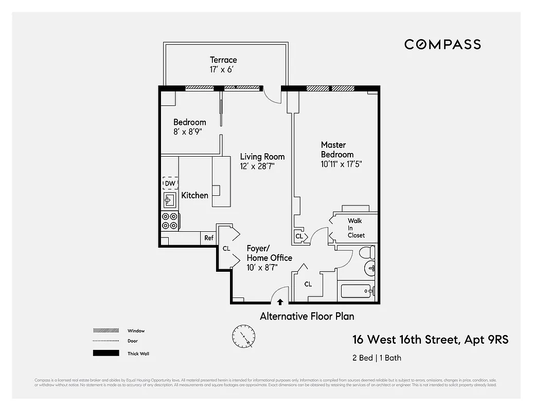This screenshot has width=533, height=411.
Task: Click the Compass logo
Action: [x=442, y=44]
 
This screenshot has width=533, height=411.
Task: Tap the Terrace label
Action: [x=223, y=60]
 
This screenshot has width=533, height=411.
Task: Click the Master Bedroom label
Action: [x=337, y=150]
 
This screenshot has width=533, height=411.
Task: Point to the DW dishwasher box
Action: [x=170, y=183]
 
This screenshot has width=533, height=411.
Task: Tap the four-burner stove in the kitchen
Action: [x=170, y=221]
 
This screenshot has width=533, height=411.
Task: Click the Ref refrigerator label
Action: [x=209, y=238]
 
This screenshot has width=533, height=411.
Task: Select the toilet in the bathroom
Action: [x=365, y=253]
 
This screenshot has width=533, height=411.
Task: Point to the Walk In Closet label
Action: [x=356, y=228]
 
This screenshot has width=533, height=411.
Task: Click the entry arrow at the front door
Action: [x=280, y=303]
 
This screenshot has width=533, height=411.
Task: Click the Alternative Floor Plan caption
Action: [x=307, y=316]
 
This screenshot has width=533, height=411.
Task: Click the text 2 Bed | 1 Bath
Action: [x=377, y=358]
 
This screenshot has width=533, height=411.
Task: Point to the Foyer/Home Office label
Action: [x=269, y=253]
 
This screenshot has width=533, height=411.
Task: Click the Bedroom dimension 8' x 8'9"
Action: [x=188, y=132]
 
